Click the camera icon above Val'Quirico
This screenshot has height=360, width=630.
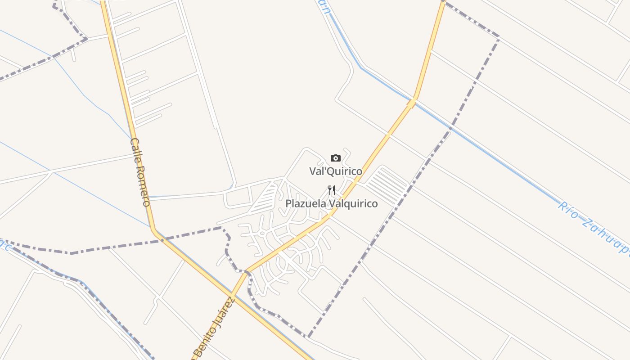tap(335, 158)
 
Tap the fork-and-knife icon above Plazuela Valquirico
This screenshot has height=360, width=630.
tap(332, 190)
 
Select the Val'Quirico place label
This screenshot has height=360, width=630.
tap(335, 171)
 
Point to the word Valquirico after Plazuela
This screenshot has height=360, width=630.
tap(353, 204)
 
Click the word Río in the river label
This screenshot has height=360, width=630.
tap(568, 211)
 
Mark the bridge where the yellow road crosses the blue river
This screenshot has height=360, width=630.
tap(411, 103)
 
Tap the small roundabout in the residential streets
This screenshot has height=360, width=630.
tap(261, 233)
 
